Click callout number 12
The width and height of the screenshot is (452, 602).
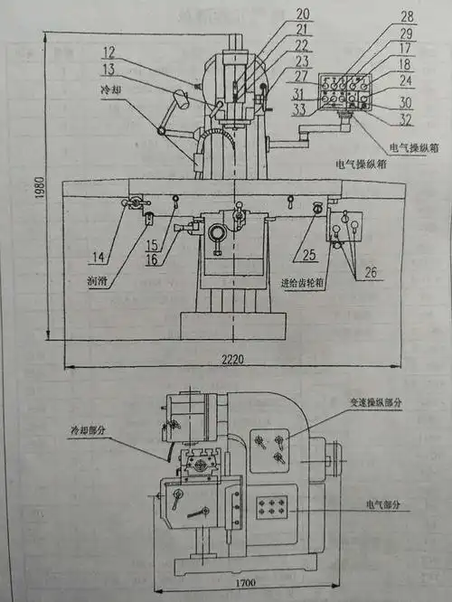pos(135,52)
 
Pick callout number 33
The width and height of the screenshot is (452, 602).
pos(300,110)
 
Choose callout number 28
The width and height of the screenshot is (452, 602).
pos(408,16)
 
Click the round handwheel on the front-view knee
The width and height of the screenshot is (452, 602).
pos(218,234)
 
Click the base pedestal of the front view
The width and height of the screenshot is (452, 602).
pos(231,325)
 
